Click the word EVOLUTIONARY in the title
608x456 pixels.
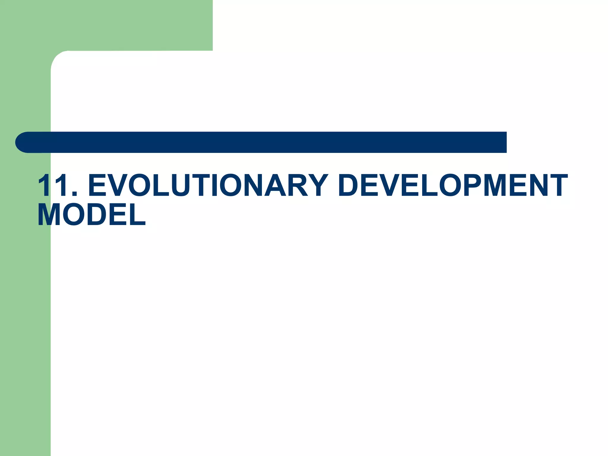(208, 186)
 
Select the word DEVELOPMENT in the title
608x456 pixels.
(453, 186)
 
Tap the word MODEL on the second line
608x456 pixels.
(91, 215)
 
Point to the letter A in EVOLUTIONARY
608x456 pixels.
(275, 186)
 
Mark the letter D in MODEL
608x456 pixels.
(95, 215)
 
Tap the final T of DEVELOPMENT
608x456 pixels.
(558, 186)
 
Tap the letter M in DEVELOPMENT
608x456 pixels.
(495, 186)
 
